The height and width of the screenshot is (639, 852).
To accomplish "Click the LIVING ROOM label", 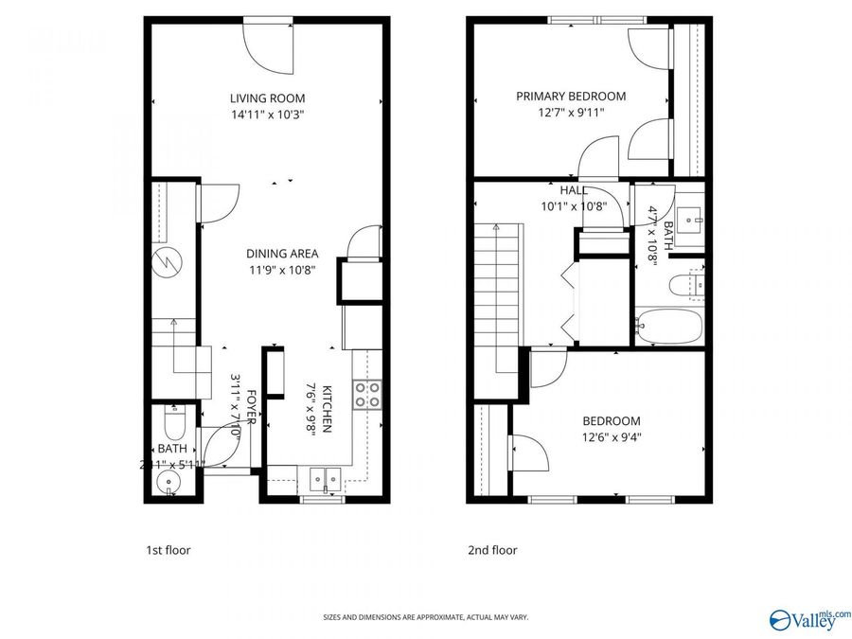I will pyautogui.click(x=267, y=98).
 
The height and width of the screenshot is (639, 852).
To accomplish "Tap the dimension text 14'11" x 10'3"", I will pyautogui.click(x=267, y=114).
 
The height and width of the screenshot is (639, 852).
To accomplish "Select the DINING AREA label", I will pyautogui.click(x=282, y=253).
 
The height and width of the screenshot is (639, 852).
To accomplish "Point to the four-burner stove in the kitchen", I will pyautogui.click(x=366, y=394).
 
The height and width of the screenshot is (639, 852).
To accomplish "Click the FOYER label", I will pyautogui.click(x=252, y=408).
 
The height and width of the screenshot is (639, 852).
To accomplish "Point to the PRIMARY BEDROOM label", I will pyautogui.click(x=571, y=96).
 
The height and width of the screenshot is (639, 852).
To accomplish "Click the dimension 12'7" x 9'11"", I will pyautogui.click(x=571, y=112).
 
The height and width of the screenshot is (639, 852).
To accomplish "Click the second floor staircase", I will pyautogui.click(x=496, y=284).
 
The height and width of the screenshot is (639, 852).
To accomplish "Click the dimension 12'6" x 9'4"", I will pyautogui.click(x=611, y=437).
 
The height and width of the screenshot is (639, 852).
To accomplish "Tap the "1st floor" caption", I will pyautogui.click(x=168, y=550).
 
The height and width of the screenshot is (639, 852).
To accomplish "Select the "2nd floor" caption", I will pyautogui.click(x=492, y=550).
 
